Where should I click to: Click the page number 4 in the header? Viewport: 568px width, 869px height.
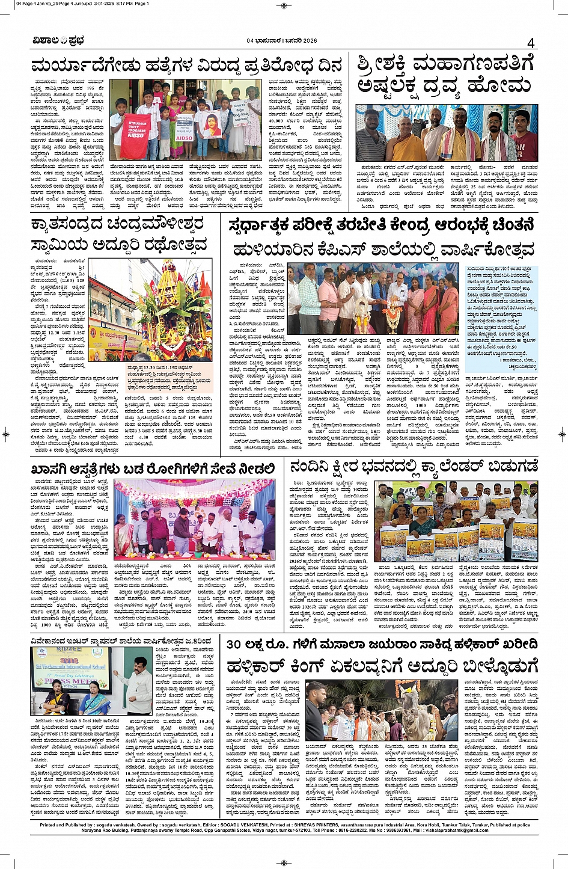[x=531, y=43]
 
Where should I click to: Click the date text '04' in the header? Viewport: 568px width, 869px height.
[x=251, y=41]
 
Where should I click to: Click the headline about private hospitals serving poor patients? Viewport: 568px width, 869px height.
[x=153, y=468]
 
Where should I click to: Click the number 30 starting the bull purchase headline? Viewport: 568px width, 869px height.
[x=234, y=644]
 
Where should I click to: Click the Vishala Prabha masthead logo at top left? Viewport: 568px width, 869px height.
[x=59, y=41]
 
